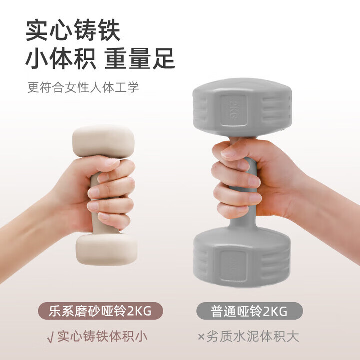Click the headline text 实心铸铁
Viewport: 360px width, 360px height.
73,30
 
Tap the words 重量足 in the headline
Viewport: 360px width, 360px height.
140,59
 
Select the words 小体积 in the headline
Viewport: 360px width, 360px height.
61,59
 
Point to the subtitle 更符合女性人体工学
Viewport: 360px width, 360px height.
83,87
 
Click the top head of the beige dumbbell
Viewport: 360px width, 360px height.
103,140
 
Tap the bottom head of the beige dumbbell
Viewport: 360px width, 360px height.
107,249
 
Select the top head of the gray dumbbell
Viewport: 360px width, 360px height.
242,108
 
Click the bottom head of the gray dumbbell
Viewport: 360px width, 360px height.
242,257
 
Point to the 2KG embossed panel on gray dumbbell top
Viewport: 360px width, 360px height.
234,110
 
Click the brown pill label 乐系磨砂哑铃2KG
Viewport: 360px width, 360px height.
100,311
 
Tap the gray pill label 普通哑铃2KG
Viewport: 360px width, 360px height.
249,311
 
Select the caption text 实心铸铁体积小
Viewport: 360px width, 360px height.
102,337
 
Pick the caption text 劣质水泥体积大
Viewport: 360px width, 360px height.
253,337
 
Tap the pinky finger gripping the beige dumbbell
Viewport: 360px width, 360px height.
114,221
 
